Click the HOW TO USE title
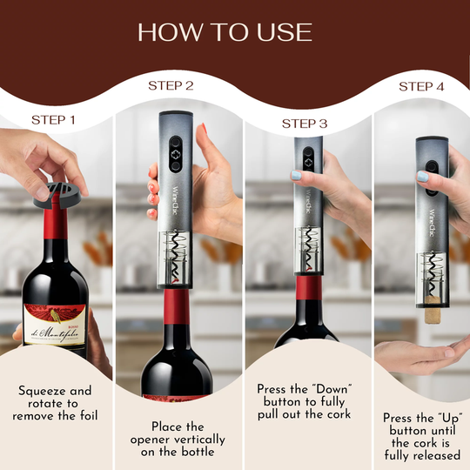click(x=225, y=31)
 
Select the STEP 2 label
click(x=171, y=85)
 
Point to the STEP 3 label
click(x=305, y=124)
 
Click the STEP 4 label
click(x=422, y=86)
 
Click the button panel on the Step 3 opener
click(x=307, y=160)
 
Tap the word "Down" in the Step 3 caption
click(x=324, y=386)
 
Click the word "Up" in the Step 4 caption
click(x=440, y=417)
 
